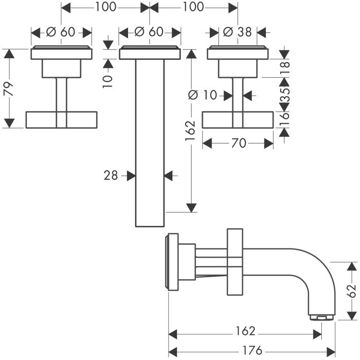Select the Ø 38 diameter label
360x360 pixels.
238,32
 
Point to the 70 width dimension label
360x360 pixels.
238,143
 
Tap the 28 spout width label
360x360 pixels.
111,176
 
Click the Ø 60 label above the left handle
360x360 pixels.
61,32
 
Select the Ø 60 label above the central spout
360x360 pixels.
149,32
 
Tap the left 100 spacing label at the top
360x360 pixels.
105,7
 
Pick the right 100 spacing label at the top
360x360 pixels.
193,7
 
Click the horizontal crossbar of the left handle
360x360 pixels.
61,119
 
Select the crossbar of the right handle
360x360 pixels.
238,119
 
